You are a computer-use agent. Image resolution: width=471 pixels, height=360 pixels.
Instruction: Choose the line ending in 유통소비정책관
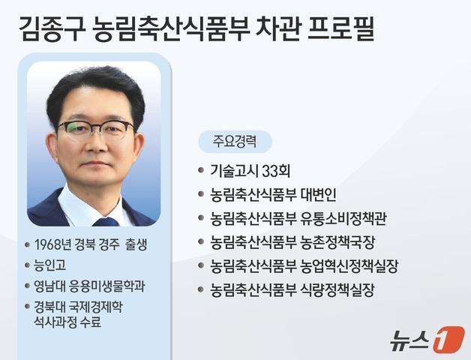pyautogui.click(x=298, y=218)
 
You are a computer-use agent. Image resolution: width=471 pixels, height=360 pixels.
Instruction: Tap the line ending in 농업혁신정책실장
pyautogui.click(x=304, y=266)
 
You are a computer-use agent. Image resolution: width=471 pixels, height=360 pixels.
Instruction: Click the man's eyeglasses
pyautogui.click(x=95, y=128)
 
